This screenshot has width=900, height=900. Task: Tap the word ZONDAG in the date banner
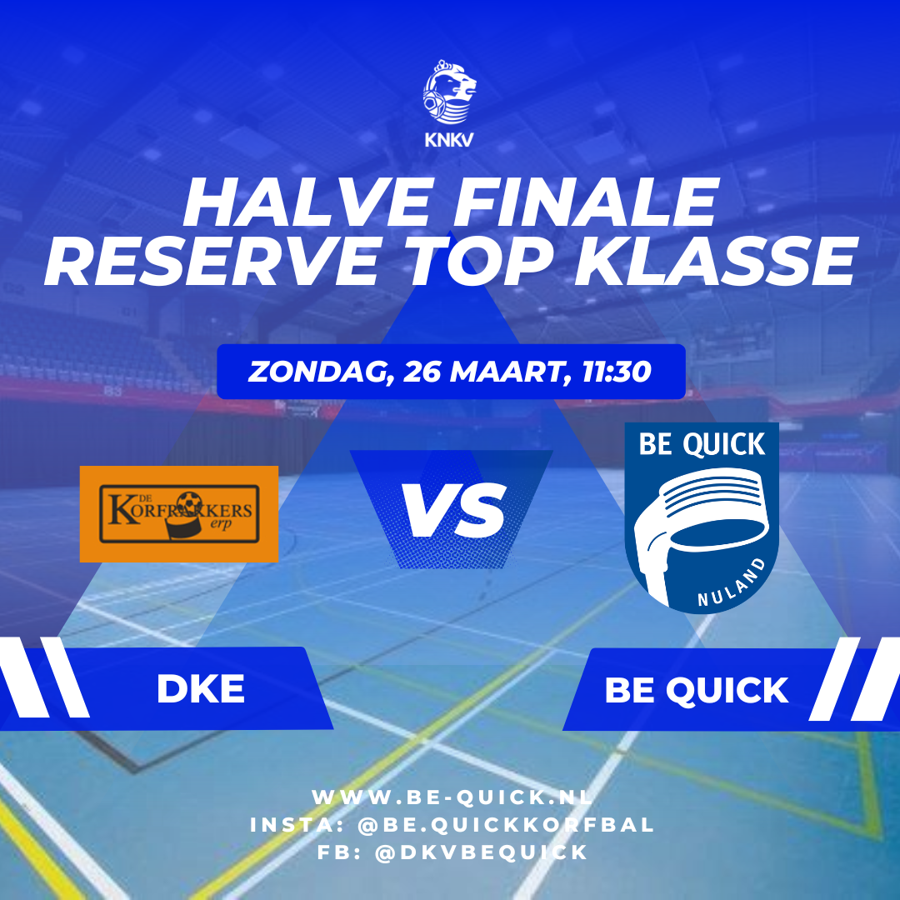(x=318, y=372)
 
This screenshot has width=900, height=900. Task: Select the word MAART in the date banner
(x=505, y=372)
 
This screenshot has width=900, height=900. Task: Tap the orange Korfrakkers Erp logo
(x=179, y=514)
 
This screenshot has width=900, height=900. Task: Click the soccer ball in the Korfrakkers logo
(x=189, y=503)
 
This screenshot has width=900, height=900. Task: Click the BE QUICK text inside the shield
(x=702, y=445)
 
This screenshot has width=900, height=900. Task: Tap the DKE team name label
(x=201, y=690)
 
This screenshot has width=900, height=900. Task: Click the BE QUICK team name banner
(x=697, y=690)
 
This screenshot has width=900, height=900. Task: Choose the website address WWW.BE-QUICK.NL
(x=452, y=797)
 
